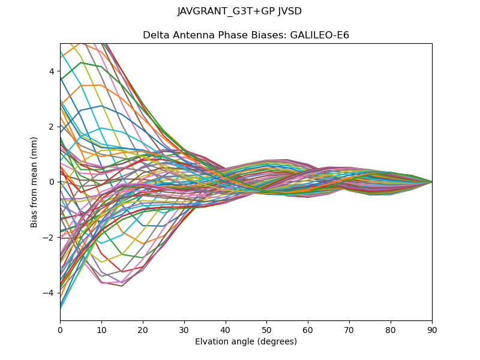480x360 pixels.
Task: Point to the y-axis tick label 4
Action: [51, 71]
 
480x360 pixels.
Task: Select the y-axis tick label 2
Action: [51, 127]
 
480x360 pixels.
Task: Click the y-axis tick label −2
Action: [49, 237]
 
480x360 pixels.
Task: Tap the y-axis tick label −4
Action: [49, 293]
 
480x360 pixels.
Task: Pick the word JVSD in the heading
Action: [290, 11]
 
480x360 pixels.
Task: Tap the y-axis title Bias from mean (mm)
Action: [34, 181]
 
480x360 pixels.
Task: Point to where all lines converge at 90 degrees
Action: [432, 182]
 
